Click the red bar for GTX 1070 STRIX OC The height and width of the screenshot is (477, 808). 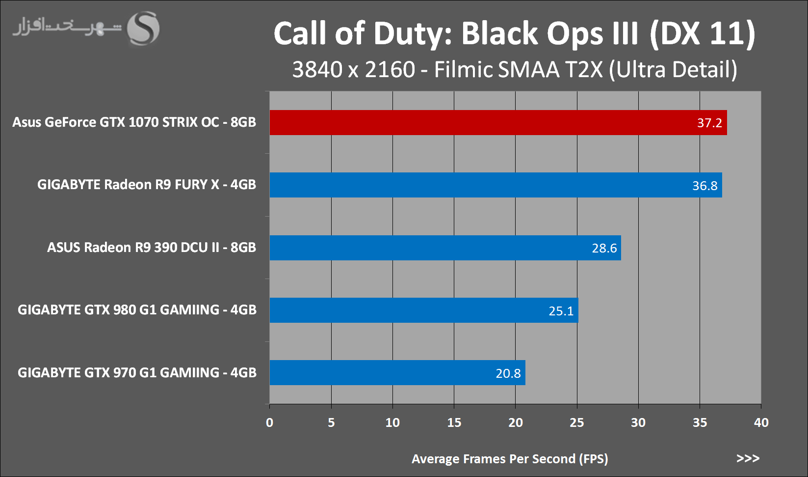click(491, 123)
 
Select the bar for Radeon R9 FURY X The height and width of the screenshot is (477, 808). click(491, 185)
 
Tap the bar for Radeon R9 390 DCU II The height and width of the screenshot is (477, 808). click(442, 248)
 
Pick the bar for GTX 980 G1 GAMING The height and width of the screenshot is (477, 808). click(417, 310)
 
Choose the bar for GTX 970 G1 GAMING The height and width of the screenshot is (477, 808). click(392, 372)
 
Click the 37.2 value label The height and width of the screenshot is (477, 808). click(709, 123)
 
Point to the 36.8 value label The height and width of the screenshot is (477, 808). click(704, 186)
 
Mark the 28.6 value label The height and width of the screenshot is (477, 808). click(604, 248)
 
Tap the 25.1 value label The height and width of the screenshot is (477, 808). click(561, 311)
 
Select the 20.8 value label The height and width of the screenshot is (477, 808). click(508, 373)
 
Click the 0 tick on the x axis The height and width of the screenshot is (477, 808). click(269, 422)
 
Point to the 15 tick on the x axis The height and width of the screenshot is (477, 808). click(454, 422)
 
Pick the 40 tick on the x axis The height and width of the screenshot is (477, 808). click(761, 422)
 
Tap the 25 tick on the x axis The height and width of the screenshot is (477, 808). click(577, 422)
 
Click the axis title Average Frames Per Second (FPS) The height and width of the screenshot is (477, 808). click(510, 459)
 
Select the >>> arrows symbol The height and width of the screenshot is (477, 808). click(748, 458)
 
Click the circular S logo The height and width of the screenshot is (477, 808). click(143, 28)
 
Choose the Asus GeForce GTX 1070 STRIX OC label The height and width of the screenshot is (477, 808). click(134, 122)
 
